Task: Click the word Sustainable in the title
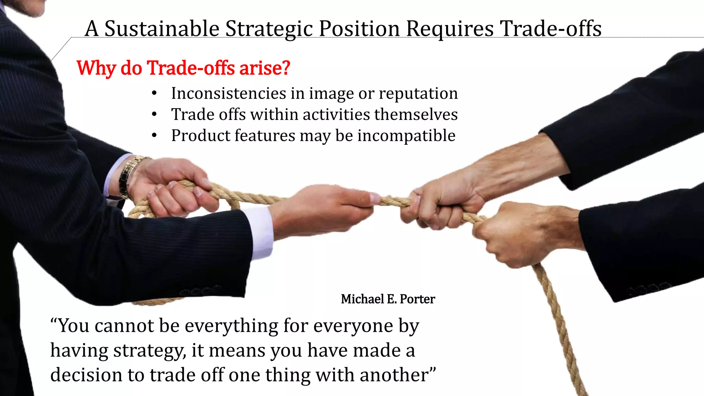click(x=162, y=29)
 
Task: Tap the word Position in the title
click(x=359, y=29)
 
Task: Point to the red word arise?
click(x=265, y=68)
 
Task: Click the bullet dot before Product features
click(x=154, y=136)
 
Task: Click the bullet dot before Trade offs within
click(x=154, y=114)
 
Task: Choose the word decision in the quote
click(x=86, y=375)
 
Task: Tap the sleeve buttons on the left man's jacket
click(x=199, y=290)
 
